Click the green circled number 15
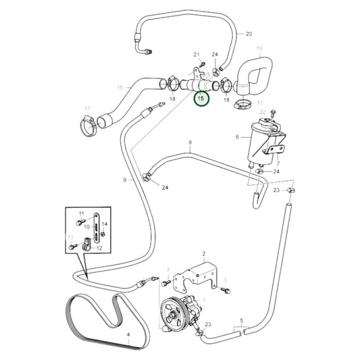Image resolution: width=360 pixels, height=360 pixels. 201,99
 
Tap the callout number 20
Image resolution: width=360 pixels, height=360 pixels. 248,34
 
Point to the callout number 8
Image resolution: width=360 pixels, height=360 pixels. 190,143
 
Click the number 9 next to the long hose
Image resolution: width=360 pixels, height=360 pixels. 124,180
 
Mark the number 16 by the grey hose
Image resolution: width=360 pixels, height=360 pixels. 120,87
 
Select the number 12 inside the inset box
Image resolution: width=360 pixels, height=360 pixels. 100,248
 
